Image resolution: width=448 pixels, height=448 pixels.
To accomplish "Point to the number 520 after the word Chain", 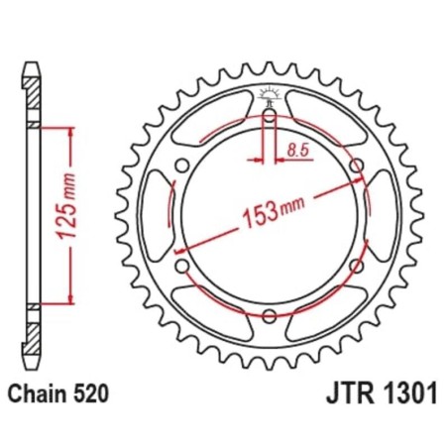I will coord(86,394).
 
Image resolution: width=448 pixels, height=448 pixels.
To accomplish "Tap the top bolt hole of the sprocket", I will coord(270,118).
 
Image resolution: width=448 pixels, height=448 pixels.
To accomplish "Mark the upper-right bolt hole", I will coord(355,167).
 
